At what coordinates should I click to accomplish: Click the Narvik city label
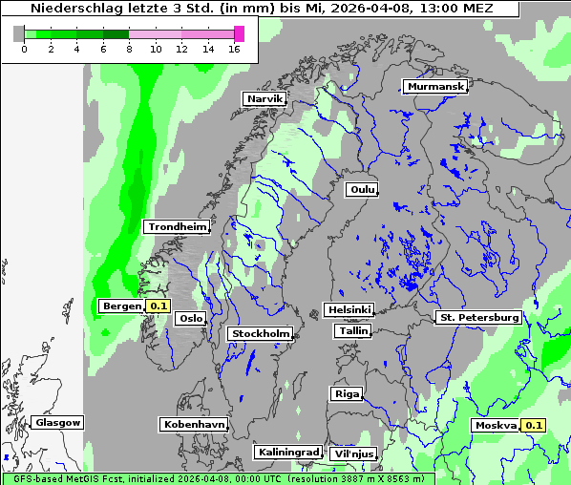264,98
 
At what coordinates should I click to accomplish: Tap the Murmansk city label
435,86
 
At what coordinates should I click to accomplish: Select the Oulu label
362,189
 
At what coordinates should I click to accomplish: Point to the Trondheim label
177,226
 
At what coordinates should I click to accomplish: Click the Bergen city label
121,306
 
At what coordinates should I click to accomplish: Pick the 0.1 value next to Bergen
158,306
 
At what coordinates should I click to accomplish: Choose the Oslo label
191,318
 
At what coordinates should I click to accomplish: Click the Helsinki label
349,309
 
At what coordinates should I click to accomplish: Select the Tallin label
353,330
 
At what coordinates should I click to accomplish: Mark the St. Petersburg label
477,317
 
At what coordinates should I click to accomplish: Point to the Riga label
347,393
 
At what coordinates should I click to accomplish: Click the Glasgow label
58,422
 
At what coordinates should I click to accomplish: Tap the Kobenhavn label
194,423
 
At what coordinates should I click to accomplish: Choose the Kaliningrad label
287,452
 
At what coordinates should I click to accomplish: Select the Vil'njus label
353,453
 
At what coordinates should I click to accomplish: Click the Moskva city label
497,425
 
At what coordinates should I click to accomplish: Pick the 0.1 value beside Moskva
534,425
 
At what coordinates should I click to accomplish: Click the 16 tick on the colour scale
233,49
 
